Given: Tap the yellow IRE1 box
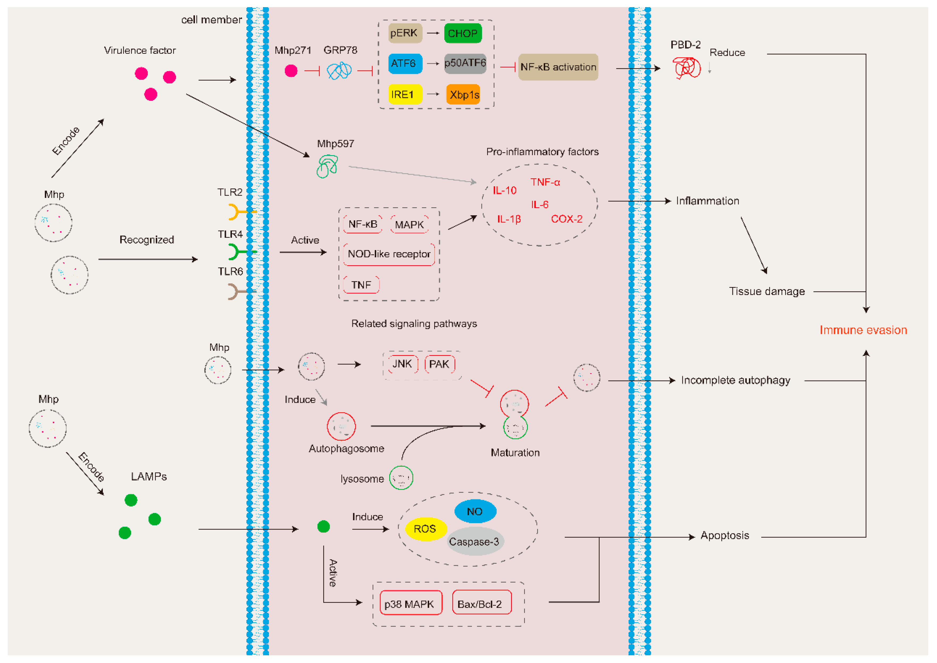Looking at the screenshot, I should coord(404,94).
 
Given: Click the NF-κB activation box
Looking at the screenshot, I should coord(558,67).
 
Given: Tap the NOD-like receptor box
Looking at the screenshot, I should coord(388,254).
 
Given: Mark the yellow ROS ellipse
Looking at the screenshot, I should coord(425,529).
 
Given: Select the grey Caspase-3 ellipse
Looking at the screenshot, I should coord(474,541).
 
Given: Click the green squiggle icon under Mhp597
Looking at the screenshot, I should coord(327,166).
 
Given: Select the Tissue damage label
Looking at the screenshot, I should coord(767,291).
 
